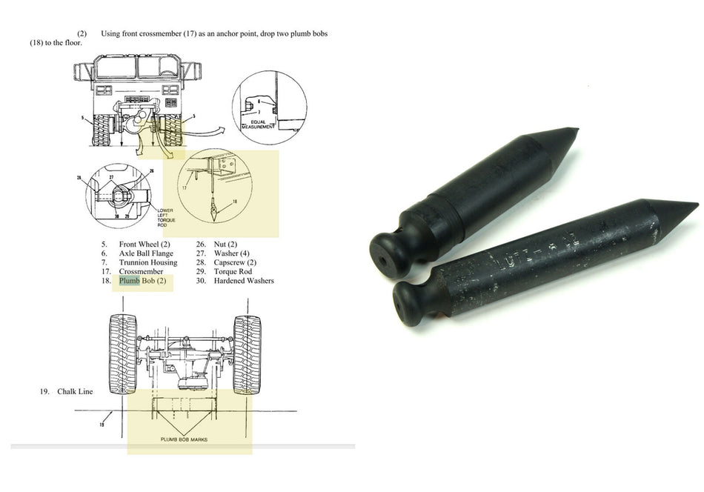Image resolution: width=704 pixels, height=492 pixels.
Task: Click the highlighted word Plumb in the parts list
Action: coord(129,281)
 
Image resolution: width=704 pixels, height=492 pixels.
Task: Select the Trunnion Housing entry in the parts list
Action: coord(147,262)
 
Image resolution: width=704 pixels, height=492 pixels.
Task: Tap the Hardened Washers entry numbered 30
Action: coord(244,281)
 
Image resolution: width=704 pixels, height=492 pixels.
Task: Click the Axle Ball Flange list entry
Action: coord(146,253)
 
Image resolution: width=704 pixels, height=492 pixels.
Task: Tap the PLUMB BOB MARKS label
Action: coord(184,439)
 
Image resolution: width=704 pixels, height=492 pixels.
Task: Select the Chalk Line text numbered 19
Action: coord(75,391)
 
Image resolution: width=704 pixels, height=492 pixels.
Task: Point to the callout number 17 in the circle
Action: coord(184,188)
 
